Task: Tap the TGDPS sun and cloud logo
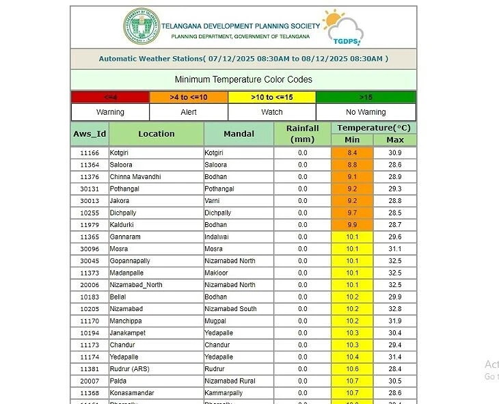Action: pyautogui.click(x=341, y=27)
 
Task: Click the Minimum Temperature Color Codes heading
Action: pyautogui.click(x=243, y=79)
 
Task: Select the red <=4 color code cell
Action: pyautogui.click(x=110, y=97)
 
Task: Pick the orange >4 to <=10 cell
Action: pyautogui.click(x=189, y=97)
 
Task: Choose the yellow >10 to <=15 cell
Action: pyautogui.click(x=271, y=97)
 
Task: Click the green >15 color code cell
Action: pyautogui.click(x=366, y=97)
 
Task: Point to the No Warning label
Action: pyautogui.click(x=366, y=112)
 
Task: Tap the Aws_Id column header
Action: pyautogui.click(x=90, y=134)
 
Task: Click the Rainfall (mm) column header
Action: pyautogui.click(x=302, y=134)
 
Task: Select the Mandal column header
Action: pyautogui.click(x=239, y=134)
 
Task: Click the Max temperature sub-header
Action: pyautogui.click(x=394, y=140)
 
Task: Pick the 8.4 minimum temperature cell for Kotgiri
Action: pyautogui.click(x=352, y=153)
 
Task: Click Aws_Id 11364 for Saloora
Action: pyautogui.click(x=90, y=165)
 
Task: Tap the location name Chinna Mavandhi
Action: pyautogui.click(x=135, y=177)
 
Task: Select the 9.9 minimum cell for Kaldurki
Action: pyautogui.click(x=352, y=225)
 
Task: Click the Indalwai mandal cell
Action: pyautogui.click(x=218, y=237)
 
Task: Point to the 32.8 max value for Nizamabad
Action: pyautogui.click(x=394, y=309)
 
